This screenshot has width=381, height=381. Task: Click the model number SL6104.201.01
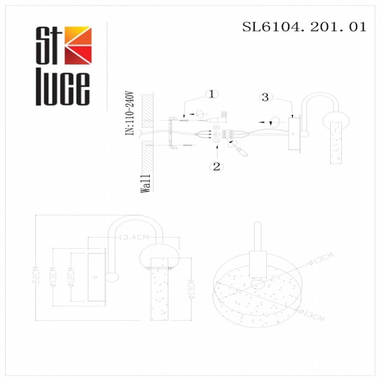point(304,27)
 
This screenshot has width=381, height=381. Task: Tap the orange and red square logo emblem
point(78,46)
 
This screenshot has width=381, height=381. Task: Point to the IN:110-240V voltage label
point(130,113)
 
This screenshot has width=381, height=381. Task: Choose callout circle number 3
point(266,97)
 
